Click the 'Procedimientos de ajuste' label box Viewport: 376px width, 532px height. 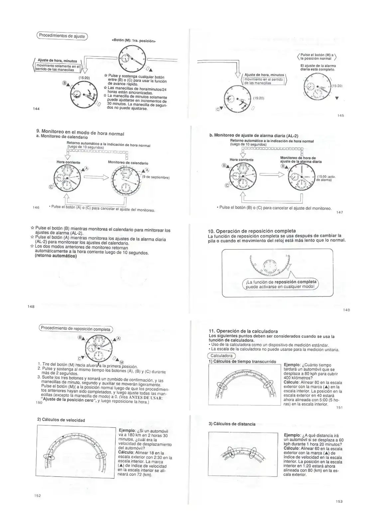62,36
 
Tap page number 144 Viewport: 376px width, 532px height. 36,109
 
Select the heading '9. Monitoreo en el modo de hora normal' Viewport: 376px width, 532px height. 80,132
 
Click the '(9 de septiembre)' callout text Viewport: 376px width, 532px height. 156,177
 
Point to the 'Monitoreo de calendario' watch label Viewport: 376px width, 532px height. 128,163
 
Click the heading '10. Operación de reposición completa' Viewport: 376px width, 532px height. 251,231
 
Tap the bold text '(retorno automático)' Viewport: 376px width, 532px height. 56,256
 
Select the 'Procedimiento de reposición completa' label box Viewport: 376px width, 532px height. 76,329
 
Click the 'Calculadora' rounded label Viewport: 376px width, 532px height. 221,356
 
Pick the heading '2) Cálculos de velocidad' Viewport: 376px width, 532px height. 61,420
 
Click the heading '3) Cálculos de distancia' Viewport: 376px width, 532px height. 232,424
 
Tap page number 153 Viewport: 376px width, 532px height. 339,501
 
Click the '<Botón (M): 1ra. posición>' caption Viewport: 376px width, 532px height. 134,41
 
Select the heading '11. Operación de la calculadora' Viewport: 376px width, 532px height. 243,331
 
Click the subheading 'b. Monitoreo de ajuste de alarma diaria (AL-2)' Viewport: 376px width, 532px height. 254,135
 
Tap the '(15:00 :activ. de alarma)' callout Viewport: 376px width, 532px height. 326,178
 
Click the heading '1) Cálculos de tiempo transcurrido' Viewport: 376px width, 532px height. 242,361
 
